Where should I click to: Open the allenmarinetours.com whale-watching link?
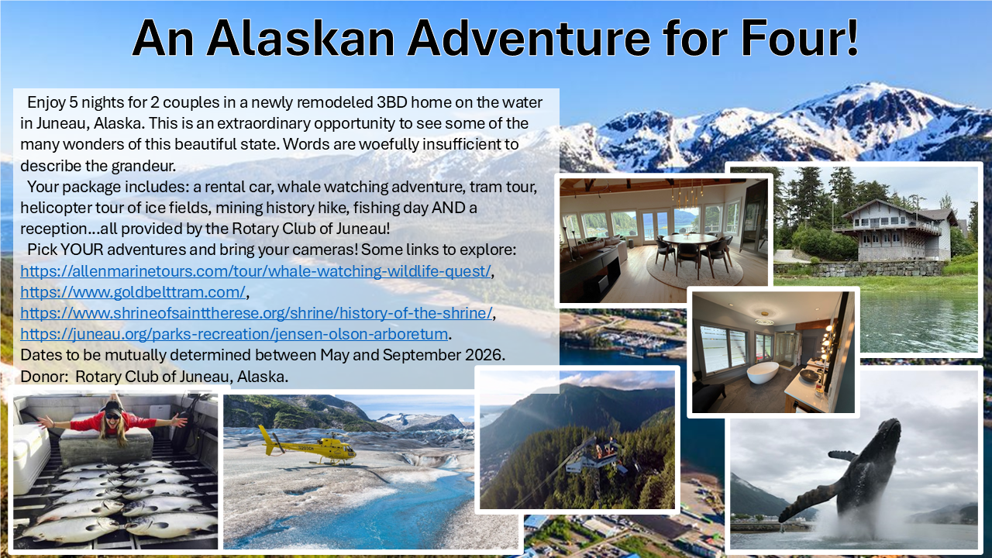pos(256,271)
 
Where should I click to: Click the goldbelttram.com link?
pos(133,292)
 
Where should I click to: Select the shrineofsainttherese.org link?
pos(256,313)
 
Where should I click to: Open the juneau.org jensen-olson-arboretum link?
pos(234,334)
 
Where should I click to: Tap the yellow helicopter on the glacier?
pos(308,446)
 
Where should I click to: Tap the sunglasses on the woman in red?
pos(112,416)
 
